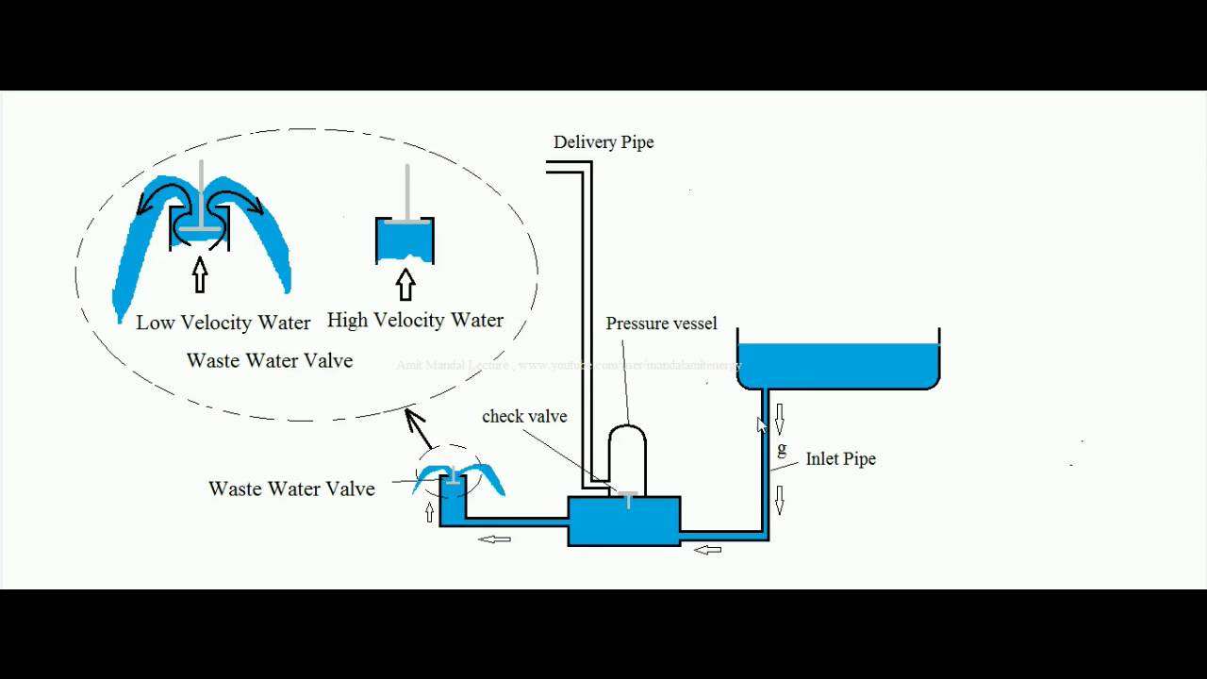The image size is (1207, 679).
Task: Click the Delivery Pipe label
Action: point(603,142)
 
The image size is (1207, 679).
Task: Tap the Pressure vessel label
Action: point(661,323)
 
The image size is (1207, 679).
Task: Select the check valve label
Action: point(524,416)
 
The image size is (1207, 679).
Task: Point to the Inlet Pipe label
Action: point(840,459)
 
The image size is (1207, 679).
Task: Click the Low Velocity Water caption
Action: point(223,323)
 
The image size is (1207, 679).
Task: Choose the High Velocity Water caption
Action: point(415,321)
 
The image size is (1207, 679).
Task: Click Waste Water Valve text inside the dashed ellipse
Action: point(270,360)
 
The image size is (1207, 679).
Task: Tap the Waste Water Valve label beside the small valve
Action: point(291,489)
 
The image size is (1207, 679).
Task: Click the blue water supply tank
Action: point(838,366)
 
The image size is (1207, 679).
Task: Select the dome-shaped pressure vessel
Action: point(627,457)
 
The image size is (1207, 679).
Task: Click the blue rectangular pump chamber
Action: point(623,522)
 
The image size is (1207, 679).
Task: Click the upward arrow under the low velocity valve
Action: point(199,275)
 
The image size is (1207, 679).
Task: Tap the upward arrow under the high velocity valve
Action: point(405,284)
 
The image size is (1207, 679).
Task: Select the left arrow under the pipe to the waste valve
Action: point(494,539)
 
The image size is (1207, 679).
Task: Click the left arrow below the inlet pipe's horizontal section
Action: point(707,549)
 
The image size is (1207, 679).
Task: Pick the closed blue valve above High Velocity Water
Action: point(405,241)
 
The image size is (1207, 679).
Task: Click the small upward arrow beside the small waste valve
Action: point(430,512)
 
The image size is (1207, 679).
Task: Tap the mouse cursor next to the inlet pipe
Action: point(762,425)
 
